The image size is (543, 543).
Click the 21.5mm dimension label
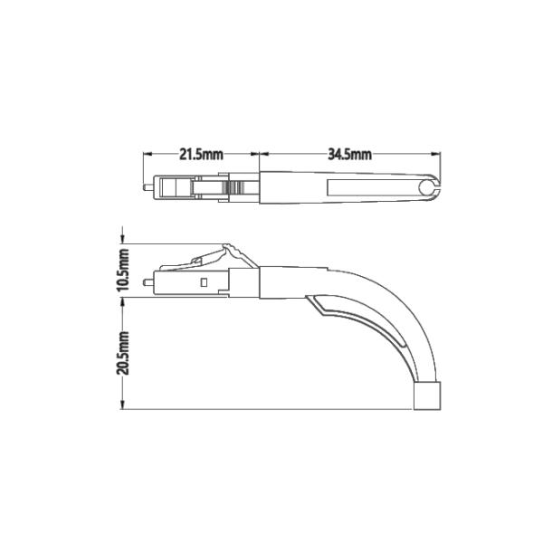coord(201,155)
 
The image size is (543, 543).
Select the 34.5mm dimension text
coord(349,155)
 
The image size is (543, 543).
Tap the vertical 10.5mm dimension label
coord(124,269)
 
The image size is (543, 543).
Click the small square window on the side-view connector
coord(205,282)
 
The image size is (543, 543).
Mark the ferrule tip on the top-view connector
coord(146,188)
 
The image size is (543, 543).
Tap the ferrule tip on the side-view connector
coord(147,282)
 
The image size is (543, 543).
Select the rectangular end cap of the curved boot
coord(428,396)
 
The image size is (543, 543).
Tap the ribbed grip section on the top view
coord(236,188)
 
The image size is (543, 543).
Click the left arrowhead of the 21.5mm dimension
coord(145,155)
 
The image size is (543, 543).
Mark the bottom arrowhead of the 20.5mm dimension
coord(124,405)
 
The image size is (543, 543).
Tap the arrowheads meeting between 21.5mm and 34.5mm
coord(261,155)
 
